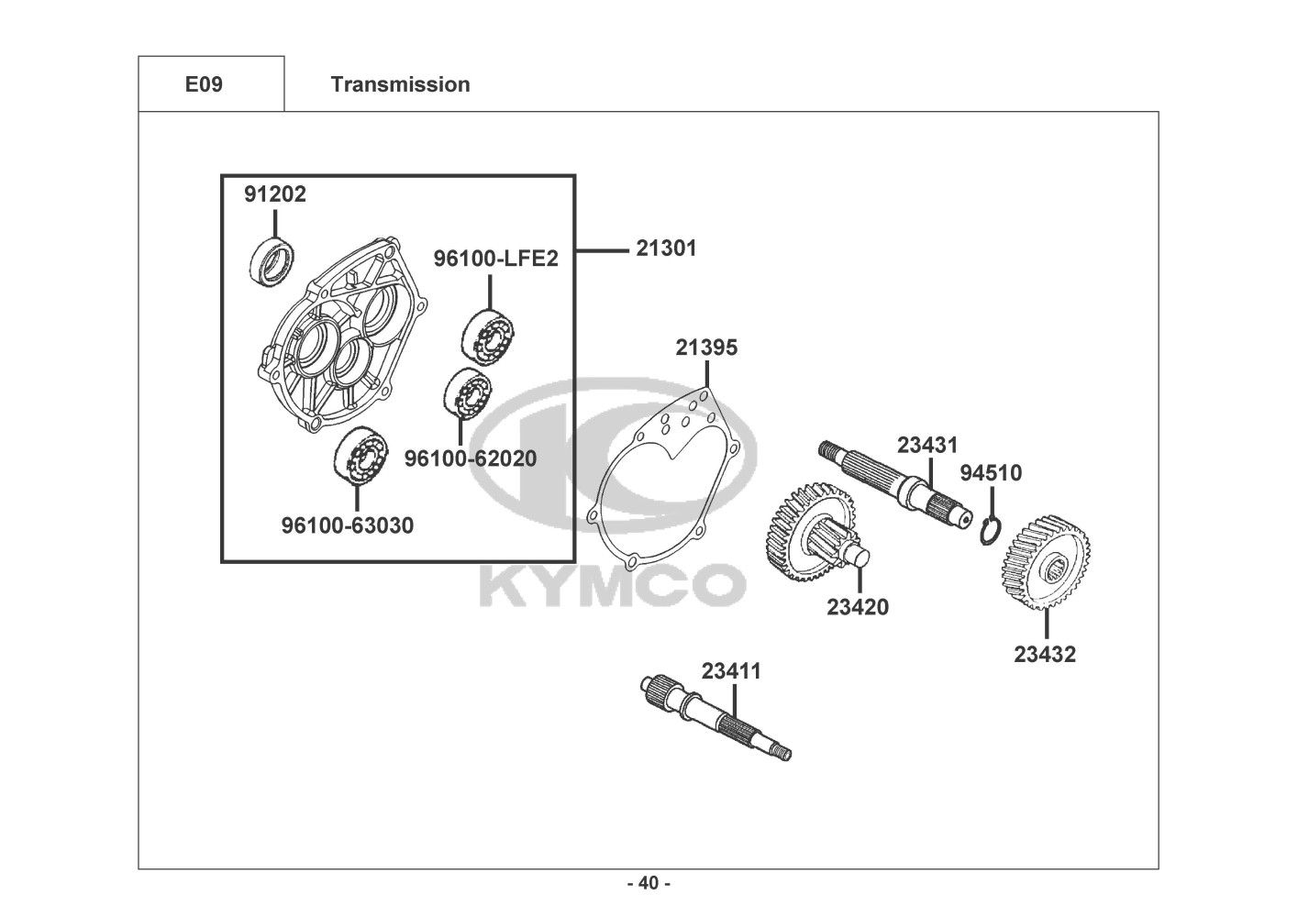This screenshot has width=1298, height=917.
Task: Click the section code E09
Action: pos(204,84)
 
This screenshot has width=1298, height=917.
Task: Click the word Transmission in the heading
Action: pos(400,84)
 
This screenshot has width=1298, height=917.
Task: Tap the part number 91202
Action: pos(274,194)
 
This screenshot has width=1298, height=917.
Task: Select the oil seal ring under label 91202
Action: pos(272,261)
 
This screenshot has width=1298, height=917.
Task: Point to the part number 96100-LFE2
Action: pos(496,259)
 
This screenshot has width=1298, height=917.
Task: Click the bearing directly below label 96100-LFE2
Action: pos(488,337)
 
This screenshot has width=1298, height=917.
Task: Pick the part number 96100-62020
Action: pos(471,458)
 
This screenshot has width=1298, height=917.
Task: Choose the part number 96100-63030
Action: pos(348,525)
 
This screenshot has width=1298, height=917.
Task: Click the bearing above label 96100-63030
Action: pos(361,456)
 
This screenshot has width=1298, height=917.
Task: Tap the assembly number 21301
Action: pos(666,249)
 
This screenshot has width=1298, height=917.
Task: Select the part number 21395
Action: pos(706,348)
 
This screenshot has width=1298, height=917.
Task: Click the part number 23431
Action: pos(927,445)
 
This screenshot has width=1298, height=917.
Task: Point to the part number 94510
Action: pos(991,472)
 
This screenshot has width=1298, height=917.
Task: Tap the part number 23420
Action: pos(858,607)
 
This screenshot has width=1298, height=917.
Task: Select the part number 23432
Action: pos(1045,654)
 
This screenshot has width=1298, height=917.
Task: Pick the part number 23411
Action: pos(731,671)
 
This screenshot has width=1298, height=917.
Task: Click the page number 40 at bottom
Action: pos(649,883)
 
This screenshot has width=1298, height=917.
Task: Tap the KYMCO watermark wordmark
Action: pos(613,588)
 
